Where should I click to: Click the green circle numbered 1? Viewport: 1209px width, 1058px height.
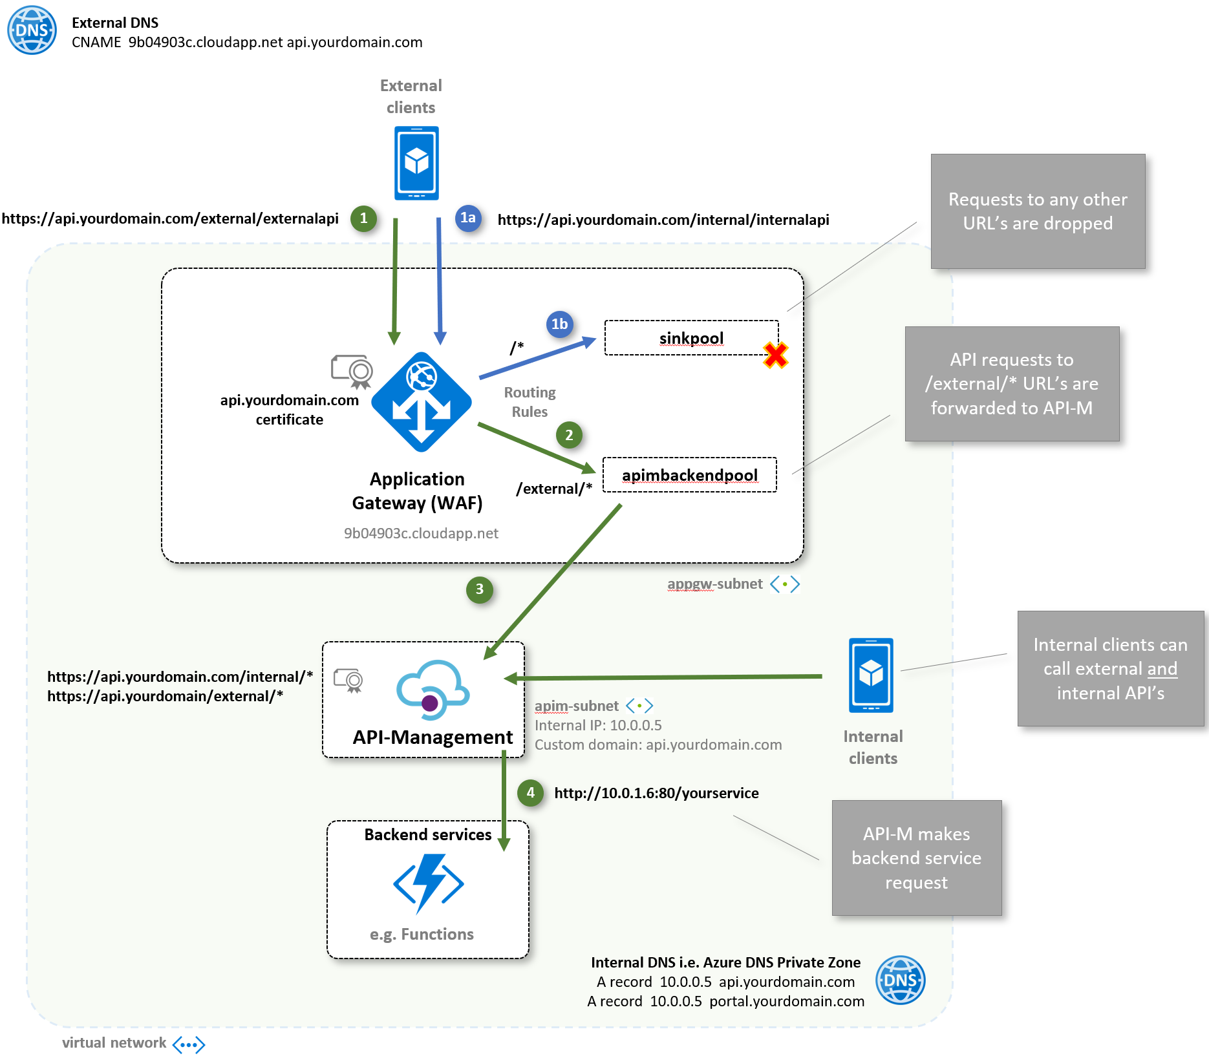[363, 218]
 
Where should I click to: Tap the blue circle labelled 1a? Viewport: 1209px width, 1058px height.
[467, 218]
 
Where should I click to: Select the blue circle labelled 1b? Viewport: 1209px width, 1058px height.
[559, 324]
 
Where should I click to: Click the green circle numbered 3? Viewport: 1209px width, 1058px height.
[479, 589]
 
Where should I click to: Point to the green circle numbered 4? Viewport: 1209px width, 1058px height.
[530, 792]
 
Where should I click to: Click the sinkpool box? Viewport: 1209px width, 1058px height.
[691, 338]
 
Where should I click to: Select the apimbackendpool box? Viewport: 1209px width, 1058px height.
[689, 475]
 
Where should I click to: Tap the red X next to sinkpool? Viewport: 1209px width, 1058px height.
[775, 355]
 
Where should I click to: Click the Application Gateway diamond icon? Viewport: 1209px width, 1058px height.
[422, 402]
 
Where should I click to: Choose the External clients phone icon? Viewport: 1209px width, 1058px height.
[416, 163]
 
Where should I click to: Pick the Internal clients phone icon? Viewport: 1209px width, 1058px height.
[871, 675]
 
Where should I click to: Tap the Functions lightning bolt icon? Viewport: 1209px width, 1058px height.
[428, 883]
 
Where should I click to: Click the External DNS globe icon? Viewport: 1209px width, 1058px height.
[32, 30]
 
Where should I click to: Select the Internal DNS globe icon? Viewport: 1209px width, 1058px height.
[900, 980]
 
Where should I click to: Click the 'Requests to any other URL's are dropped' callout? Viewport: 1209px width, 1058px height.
[1038, 211]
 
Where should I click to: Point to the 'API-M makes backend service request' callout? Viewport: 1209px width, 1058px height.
[916, 858]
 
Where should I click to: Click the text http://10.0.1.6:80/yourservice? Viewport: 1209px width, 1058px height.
[656, 793]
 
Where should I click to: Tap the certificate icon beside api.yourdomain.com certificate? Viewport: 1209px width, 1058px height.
[352, 371]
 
